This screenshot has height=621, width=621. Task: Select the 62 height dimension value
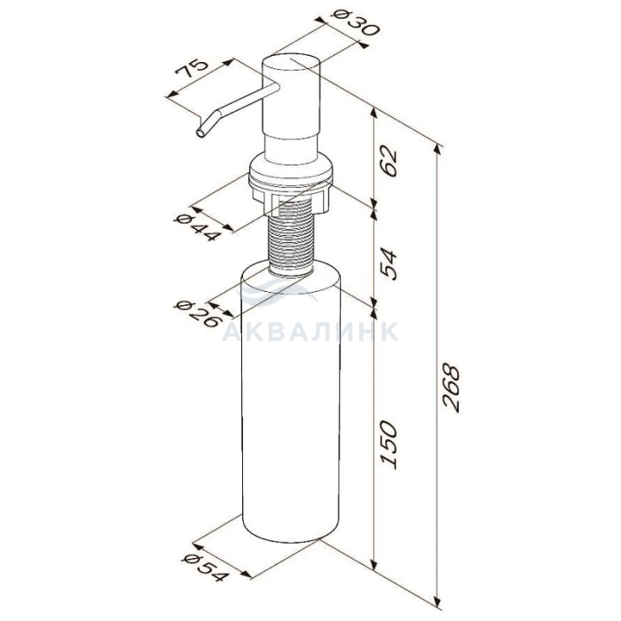388,161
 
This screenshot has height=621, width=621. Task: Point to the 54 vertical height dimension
388,264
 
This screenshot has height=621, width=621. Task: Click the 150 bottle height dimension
388,444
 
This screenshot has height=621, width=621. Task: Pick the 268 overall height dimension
451,389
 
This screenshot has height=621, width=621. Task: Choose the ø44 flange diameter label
198,227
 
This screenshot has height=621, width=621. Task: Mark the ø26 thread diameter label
197,314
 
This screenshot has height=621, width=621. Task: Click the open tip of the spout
200,133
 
